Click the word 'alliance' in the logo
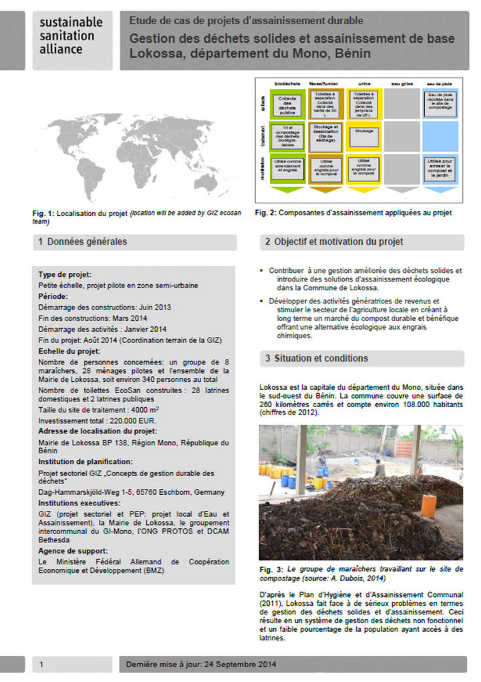(61, 49)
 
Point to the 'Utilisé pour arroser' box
(440, 170)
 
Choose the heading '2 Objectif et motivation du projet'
(334, 241)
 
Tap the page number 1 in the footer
(41, 664)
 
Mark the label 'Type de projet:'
(65, 274)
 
